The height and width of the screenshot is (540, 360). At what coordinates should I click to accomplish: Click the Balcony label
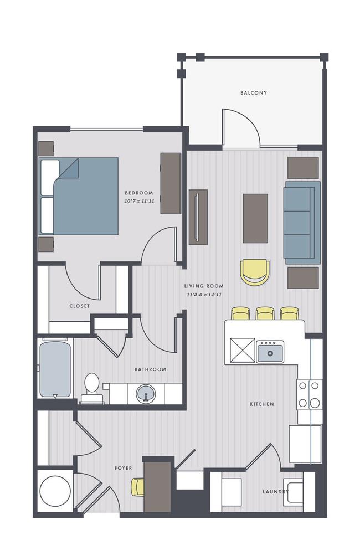tap(254, 92)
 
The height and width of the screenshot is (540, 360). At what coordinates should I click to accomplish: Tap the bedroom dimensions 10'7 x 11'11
tap(139, 201)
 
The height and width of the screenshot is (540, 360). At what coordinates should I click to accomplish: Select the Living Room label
tap(204, 286)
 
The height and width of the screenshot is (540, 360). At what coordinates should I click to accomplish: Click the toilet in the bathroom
tap(91, 388)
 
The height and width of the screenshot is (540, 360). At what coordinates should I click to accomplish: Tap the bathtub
tap(55, 368)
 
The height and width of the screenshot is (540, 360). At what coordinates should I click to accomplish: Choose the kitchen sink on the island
tap(270, 352)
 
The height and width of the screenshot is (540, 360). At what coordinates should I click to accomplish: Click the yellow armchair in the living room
tap(255, 272)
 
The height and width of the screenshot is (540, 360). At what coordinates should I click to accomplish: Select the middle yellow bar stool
tap(265, 313)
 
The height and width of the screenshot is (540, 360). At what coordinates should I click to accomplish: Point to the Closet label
tap(80, 306)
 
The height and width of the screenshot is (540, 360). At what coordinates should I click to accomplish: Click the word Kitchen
tap(262, 404)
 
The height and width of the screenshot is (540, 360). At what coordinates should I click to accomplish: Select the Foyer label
tap(123, 468)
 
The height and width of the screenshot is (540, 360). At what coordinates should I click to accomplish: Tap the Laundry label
tap(275, 491)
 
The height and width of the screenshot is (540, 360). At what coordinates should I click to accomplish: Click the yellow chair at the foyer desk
tap(137, 487)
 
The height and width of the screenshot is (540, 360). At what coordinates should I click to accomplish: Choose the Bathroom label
tap(150, 369)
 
